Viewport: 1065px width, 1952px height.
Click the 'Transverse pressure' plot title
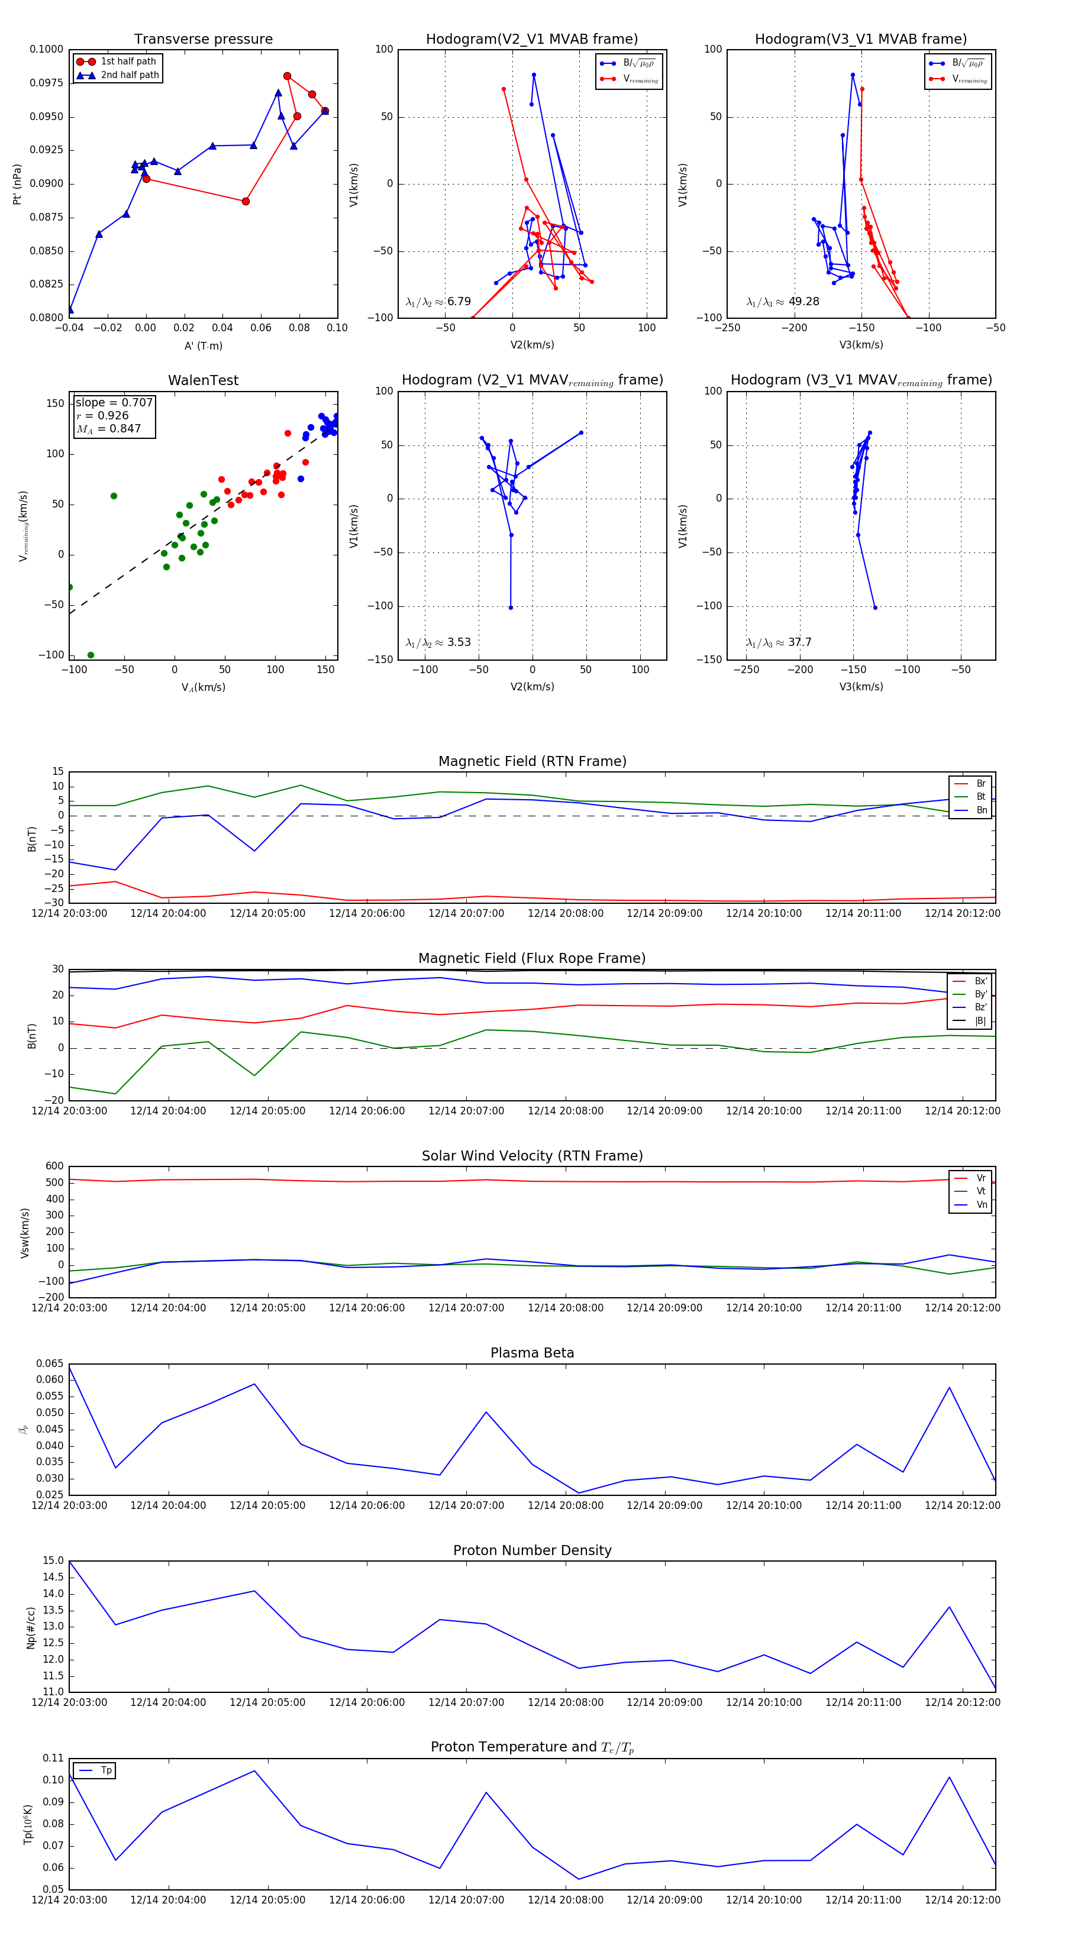(203, 40)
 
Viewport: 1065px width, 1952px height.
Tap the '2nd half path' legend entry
(130, 75)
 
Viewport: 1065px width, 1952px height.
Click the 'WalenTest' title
(203, 380)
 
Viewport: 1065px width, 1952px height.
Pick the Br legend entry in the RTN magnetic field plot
(980, 784)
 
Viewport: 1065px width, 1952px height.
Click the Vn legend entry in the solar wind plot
(981, 1205)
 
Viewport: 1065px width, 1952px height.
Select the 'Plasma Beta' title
(532, 1353)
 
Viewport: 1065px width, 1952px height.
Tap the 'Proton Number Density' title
(532, 1550)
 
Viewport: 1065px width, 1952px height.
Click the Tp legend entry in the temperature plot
(105, 1771)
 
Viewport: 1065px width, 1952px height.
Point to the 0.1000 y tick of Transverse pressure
(46, 49)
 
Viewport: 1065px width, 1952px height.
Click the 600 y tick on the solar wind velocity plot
(54, 1166)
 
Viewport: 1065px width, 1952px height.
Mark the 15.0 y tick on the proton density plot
(53, 1561)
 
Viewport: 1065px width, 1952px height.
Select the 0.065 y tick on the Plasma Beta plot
(50, 1363)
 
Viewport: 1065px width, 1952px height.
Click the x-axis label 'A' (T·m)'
(203, 345)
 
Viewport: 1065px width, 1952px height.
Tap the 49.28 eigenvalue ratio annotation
(803, 302)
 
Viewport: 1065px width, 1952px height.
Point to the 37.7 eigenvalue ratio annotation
(800, 642)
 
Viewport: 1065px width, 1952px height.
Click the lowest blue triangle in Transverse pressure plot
(70, 309)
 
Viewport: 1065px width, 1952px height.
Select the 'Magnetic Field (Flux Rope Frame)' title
(532, 959)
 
